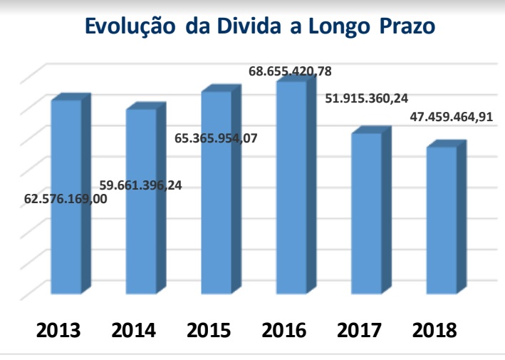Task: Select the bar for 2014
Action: (x=140, y=242)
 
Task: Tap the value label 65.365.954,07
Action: (x=216, y=138)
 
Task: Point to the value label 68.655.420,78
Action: (x=290, y=72)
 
